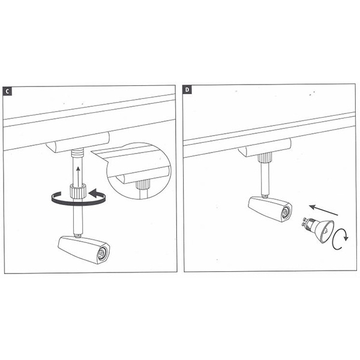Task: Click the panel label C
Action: pyautogui.click(x=7, y=91)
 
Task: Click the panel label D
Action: pyautogui.click(x=187, y=89)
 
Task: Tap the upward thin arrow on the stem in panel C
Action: pyautogui.click(x=78, y=176)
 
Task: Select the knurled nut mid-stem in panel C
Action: pyautogui.click(x=78, y=190)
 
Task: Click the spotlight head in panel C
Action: pyautogui.click(x=84, y=250)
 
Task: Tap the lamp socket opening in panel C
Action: pyautogui.click(x=102, y=253)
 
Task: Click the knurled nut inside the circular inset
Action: pyautogui.click(x=143, y=184)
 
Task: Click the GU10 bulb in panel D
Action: pyautogui.click(x=318, y=229)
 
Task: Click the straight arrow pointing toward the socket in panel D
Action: pyautogui.click(x=323, y=211)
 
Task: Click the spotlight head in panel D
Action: pyautogui.click(x=270, y=209)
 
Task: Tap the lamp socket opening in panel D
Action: pyautogui.click(x=286, y=212)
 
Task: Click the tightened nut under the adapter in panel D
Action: pyautogui.click(x=266, y=158)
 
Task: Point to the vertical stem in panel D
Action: pyautogui.click(x=265, y=179)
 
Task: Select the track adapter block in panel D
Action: pyautogui.click(x=265, y=148)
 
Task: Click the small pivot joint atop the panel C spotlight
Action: pyautogui.click(x=78, y=236)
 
